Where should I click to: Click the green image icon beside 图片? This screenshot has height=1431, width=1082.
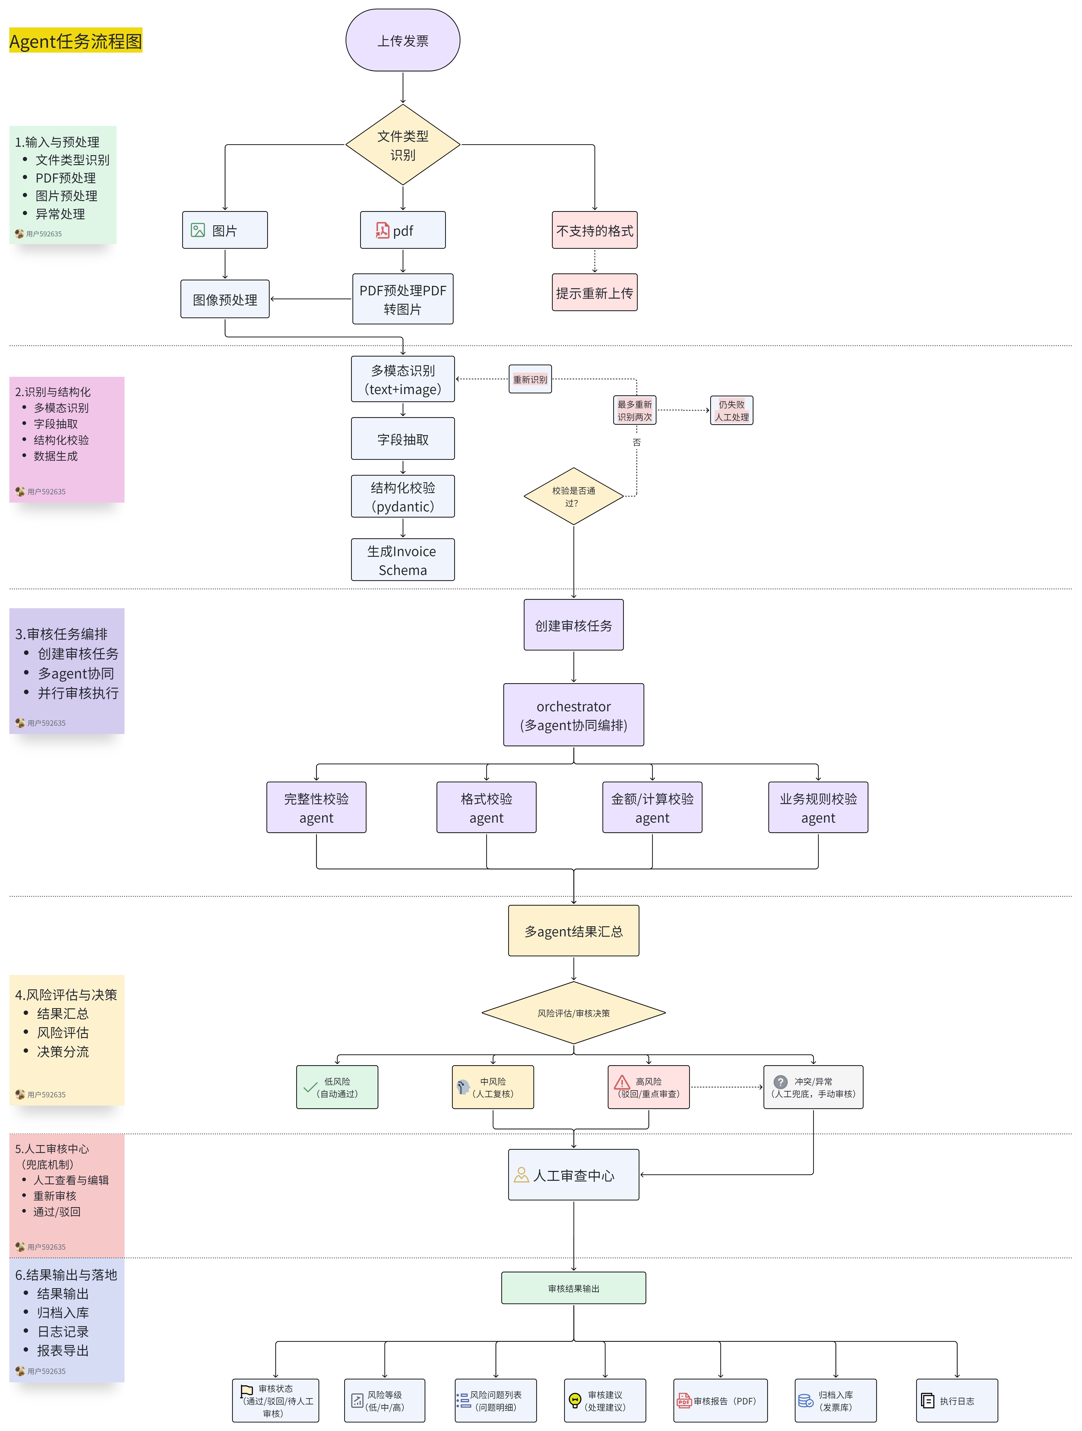[198, 230]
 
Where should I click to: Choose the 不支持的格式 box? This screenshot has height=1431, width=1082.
[594, 230]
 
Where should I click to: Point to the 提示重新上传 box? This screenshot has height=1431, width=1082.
[594, 292]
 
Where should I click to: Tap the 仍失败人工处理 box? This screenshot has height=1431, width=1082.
[732, 410]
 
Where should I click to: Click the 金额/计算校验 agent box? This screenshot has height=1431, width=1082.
[652, 807]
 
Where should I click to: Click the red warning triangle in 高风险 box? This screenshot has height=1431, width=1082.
[622, 1082]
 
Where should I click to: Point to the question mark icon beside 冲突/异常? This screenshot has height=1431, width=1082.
[781, 1082]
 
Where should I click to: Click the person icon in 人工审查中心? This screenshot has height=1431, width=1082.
[521, 1175]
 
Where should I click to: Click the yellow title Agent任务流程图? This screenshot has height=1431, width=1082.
[76, 41]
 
